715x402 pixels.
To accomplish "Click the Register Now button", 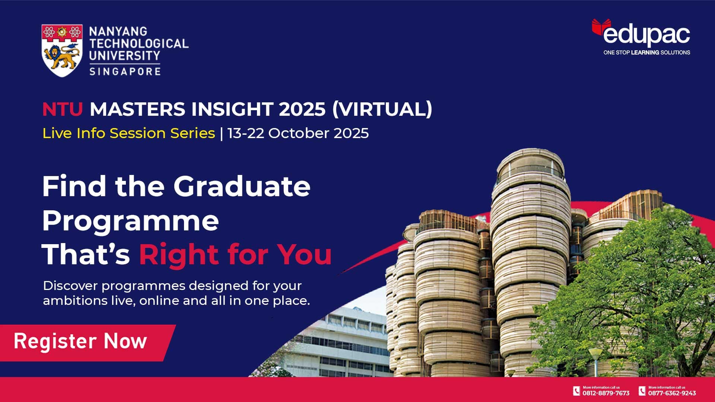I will pos(80,341).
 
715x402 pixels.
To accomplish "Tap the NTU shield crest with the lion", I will pos(62,50).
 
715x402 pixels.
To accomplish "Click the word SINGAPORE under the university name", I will pos(125,71).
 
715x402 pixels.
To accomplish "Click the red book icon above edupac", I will pos(601,26).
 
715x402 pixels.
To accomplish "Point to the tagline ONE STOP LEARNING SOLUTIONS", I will pos(646,52).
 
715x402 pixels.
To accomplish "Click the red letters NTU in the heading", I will pos(62,109).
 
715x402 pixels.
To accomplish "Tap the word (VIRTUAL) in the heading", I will pos(382,109).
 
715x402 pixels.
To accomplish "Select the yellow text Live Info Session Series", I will pos(128,133).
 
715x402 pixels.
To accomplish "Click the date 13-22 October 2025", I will pos(298,133).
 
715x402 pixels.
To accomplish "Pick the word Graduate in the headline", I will pos(242,186).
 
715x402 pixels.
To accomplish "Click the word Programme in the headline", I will pos(130,221).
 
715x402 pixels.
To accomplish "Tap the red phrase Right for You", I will pos(235,255).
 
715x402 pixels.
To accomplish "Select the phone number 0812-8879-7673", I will pos(606,393).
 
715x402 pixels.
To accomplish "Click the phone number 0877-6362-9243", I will pos(672,393).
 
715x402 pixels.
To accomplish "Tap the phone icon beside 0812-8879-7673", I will pos(576,391).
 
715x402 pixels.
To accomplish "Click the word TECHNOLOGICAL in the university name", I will pos(139,44).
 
